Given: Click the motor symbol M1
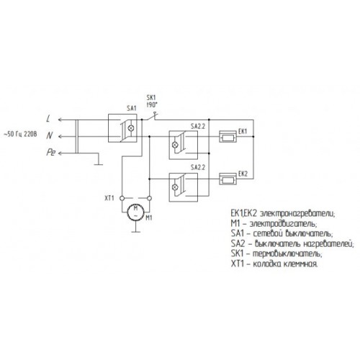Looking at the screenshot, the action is point(135,212).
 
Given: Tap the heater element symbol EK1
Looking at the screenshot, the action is point(228,137).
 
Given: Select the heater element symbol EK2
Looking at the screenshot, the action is point(228,179).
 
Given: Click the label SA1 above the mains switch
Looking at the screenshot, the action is point(132,109).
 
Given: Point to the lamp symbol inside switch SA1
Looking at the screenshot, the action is point(131,128).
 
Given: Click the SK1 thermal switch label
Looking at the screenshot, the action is point(151,98).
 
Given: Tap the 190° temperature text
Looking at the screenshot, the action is point(152,105).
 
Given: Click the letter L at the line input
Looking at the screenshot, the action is point(49,119).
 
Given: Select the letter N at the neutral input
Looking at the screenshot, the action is point(49,136).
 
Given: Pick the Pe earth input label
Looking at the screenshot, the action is point(51,153).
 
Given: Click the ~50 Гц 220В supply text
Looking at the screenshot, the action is point(20,134).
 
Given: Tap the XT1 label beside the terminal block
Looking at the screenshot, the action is point(109,198).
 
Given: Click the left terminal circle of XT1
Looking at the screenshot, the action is point(122,198).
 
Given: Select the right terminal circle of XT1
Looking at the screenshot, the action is point(149,198).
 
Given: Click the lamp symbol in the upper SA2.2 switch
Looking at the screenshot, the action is point(175,145).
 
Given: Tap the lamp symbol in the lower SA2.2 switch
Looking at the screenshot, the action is point(175,187).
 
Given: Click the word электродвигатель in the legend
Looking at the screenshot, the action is point(284,224).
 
